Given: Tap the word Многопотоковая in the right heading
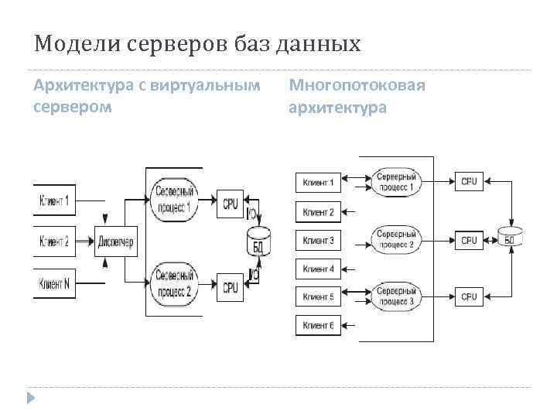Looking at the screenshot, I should (x=357, y=84).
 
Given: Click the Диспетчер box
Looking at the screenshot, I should (x=116, y=242).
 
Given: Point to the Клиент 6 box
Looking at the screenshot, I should (x=318, y=325).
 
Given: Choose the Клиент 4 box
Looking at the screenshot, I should (x=318, y=269).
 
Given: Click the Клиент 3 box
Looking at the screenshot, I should (x=318, y=241).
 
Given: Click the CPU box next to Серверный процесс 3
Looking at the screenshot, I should (x=469, y=296).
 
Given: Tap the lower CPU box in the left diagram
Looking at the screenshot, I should (x=231, y=286).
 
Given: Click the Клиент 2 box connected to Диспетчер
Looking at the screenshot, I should (x=55, y=242).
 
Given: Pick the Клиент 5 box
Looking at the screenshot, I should (x=318, y=296).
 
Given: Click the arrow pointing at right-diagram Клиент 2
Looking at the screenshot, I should (x=348, y=212).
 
